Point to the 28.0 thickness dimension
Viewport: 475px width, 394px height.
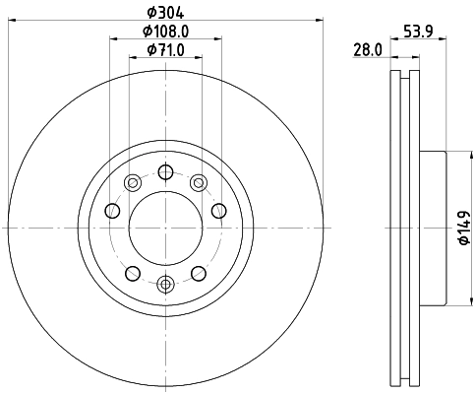point(368,49)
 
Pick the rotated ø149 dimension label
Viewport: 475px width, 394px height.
point(460,228)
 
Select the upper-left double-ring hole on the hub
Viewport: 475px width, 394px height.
point(132,181)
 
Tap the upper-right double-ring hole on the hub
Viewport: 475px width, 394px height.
point(199,181)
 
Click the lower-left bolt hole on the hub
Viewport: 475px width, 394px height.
point(132,273)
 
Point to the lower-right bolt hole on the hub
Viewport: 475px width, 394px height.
point(199,273)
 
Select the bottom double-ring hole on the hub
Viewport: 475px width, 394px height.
point(165,285)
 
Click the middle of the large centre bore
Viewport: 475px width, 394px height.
point(165,227)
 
